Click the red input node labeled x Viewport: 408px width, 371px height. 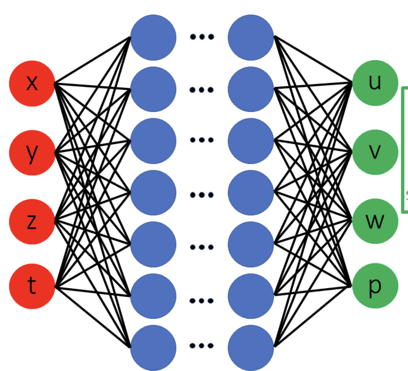coord(32,84)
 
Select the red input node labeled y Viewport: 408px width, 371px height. coord(32,153)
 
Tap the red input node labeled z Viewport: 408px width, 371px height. coord(32,222)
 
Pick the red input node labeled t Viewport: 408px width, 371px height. coord(32,286)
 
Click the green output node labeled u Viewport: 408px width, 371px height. coord(375,83)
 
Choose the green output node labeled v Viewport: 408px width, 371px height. coord(375,152)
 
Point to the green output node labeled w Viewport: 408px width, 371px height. coord(375,221)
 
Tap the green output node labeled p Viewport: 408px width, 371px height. coord(375,286)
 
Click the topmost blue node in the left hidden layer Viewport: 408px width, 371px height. coord(153,37)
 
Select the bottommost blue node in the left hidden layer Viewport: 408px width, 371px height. coord(153,348)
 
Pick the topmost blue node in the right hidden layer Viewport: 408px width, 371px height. coord(251,37)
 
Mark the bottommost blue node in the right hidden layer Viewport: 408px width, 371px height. coord(251,348)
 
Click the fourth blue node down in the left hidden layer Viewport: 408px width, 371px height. coord(153,193)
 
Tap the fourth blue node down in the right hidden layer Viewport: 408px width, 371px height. coord(251,193)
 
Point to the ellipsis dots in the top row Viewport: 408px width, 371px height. coord(202,37)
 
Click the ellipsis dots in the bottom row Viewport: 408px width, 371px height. coord(202,346)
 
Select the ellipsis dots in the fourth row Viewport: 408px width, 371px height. coord(202,195)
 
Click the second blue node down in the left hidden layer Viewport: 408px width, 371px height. coord(153,89)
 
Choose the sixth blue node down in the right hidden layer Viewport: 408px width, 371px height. coord(251,296)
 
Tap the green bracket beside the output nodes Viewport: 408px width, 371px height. coord(403,150)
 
